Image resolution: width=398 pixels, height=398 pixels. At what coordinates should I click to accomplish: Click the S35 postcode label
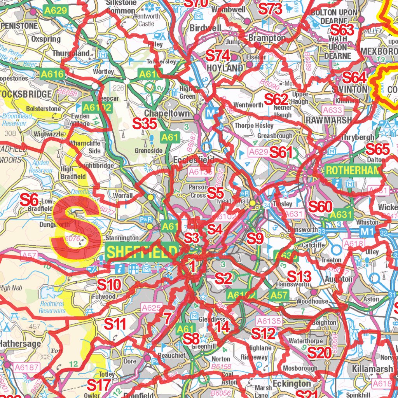tap(145, 124)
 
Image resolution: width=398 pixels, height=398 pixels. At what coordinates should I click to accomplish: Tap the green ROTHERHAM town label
tap(353, 170)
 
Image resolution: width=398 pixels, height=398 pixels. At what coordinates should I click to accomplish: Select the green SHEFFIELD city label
tap(142, 252)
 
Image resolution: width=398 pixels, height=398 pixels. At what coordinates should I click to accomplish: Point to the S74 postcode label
tap(218, 56)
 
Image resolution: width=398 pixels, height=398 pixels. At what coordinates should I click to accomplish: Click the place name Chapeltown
tap(167, 114)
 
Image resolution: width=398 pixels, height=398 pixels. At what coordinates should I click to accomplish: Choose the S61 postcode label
tap(281, 152)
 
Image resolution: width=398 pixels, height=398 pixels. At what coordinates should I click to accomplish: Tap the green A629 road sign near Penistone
tap(56, 10)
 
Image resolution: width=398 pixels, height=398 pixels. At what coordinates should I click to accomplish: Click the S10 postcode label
tap(109, 285)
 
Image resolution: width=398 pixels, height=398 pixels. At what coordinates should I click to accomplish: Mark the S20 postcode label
tap(319, 353)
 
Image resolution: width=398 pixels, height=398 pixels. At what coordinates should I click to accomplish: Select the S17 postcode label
tap(98, 385)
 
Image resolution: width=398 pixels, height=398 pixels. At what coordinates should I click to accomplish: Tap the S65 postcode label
tap(377, 148)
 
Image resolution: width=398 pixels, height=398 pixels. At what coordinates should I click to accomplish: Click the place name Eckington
tap(292, 384)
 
